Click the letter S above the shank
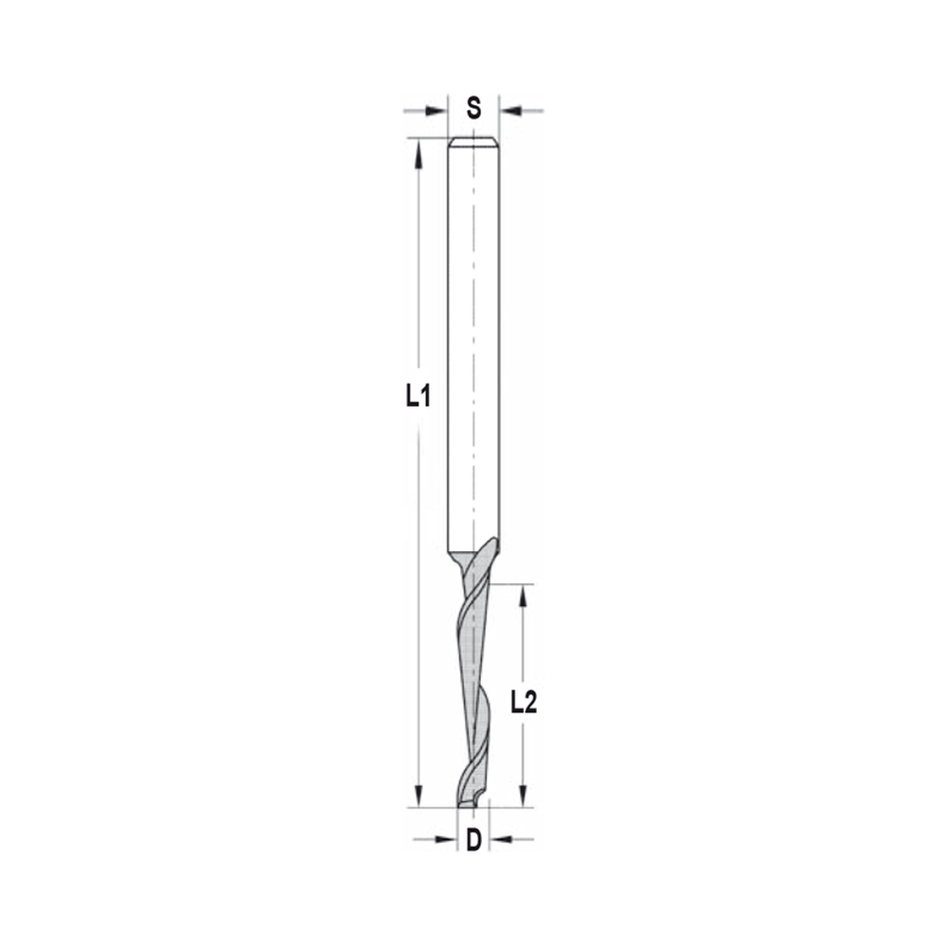[x=473, y=109]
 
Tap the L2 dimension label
[x=524, y=702]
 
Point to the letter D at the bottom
[x=473, y=838]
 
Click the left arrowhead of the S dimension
[x=438, y=111]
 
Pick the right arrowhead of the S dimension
[x=509, y=111]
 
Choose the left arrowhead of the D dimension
[x=449, y=839]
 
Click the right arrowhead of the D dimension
[x=498, y=839]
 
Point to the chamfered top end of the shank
[x=473, y=143]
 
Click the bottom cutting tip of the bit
[x=471, y=805]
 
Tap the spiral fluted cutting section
[x=473, y=682]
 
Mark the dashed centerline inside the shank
[x=473, y=284]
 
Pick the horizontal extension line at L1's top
[x=426, y=138]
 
